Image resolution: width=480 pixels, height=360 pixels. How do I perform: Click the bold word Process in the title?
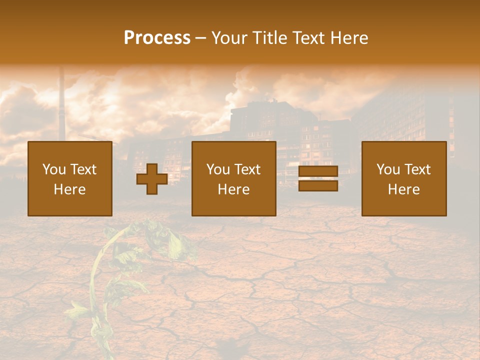tap(157, 38)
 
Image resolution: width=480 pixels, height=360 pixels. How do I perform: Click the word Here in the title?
tap(350, 38)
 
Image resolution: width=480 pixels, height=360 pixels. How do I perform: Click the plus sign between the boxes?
tap(152, 179)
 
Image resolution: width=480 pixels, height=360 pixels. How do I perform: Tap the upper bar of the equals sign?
tap(318, 171)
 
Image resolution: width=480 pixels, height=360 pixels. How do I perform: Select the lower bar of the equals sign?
tap(318, 185)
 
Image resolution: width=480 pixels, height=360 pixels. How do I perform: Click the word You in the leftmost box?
tap(54, 169)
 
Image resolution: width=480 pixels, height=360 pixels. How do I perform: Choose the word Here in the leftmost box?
tap(69, 189)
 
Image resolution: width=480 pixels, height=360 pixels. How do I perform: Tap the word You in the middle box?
tap(218, 169)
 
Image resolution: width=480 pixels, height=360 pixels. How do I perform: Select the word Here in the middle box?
tap(233, 189)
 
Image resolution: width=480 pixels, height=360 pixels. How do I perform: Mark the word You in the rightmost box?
tap(388, 169)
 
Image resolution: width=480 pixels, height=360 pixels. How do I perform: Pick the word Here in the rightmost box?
tap(403, 189)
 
